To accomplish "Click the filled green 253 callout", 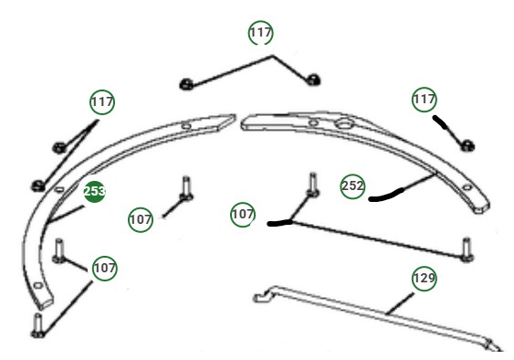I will (x=94, y=191).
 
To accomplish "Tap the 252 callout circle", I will (x=352, y=185).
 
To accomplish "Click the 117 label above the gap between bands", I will (x=261, y=33).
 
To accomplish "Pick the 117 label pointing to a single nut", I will (x=424, y=97).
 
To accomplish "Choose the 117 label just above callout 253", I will (x=102, y=101).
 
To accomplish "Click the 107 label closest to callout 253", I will (x=141, y=219).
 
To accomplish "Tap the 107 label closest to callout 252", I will (x=243, y=215).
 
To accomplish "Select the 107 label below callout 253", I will (x=104, y=268).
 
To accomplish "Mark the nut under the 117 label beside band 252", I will (x=467, y=144).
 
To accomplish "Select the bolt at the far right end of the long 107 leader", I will (x=467, y=249).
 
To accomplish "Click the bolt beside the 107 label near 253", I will (x=185, y=186).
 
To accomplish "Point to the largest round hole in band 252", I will (x=348, y=122).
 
